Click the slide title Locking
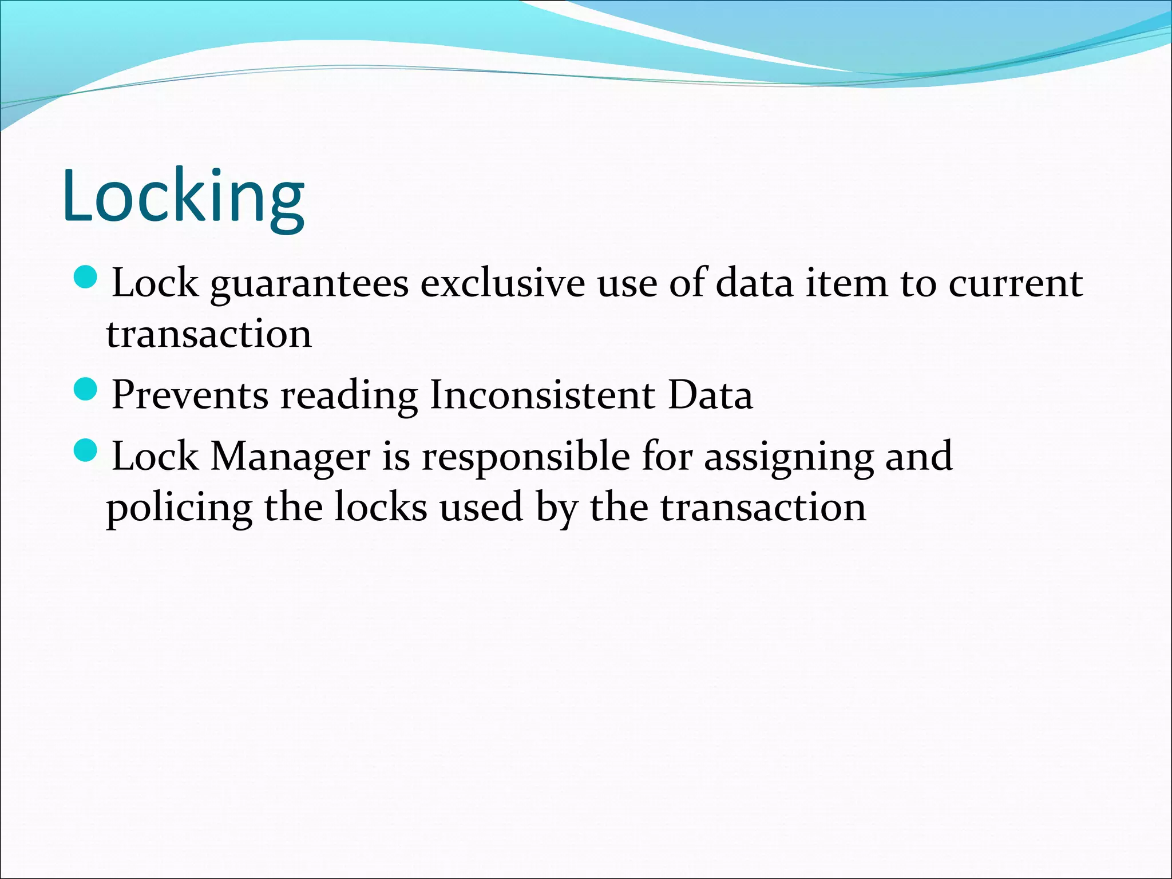point(183,197)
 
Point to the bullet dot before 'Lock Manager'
point(86,450)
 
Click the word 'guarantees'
point(310,284)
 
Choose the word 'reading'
point(349,396)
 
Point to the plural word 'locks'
point(380,507)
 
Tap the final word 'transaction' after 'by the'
point(763,507)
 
